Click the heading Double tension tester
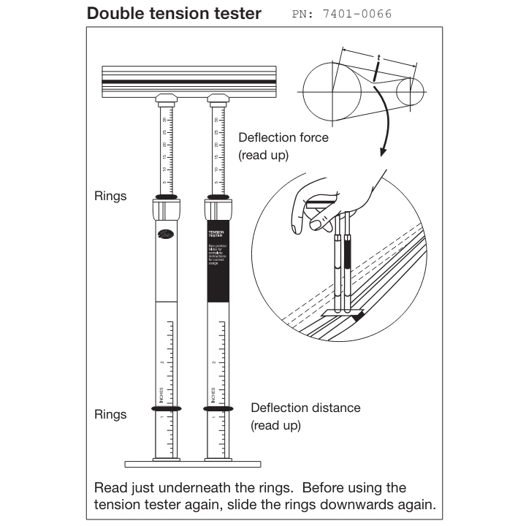click(174, 13)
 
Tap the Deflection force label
click(283, 137)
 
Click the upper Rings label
click(110, 197)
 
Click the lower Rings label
click(110, 414)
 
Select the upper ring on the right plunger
click(218, 197)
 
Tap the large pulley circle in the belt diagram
click(332, 91)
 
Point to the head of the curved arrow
click(382, 153)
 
